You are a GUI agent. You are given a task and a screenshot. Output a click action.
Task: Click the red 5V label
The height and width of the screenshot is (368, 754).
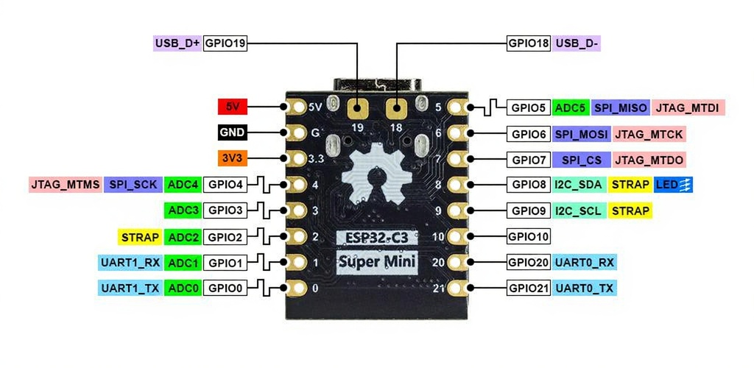[x=233, y=107]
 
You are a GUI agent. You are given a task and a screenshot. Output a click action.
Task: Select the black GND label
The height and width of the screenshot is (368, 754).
[x=233, y=133]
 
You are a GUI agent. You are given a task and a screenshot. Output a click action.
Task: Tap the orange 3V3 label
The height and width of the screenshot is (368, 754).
[x=233, y=158]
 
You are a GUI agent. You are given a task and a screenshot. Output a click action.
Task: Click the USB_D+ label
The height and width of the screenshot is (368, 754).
[x=177, y=43]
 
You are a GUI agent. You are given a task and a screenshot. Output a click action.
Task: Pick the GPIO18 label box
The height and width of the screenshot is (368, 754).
[x=529, y=43]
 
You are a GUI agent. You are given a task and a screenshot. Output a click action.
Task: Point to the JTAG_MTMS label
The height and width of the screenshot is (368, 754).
[x=65, y=185]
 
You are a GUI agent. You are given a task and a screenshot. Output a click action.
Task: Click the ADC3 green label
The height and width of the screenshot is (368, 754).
[x=182, y=210]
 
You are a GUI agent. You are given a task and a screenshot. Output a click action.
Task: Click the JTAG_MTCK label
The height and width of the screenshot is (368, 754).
[x=649, y=134]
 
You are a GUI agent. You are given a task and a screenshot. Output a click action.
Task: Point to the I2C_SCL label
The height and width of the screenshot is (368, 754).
[x=579, y=211]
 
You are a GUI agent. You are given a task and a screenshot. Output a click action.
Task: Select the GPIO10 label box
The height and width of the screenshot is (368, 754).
[x=529, y=237]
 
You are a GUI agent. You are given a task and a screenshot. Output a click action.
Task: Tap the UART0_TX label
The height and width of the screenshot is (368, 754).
[x=584, y=288]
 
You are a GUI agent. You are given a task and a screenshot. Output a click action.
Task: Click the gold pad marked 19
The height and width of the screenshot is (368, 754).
[x=359, y=110]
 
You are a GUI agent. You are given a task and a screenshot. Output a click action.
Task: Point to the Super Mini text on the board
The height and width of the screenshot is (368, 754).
[x=377, y=261]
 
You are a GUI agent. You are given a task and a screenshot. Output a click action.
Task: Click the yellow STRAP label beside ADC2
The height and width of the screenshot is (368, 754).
[x=139, y=237]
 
